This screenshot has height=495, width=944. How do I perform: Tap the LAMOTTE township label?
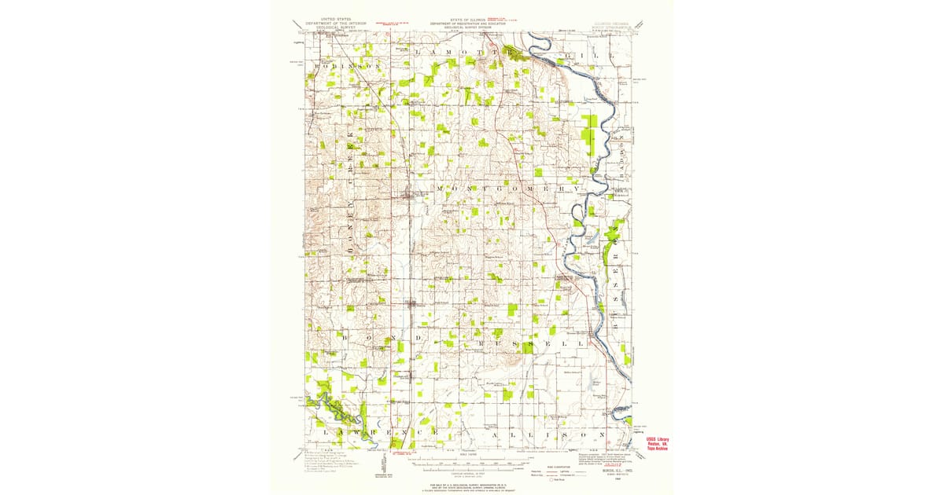pos(464,50)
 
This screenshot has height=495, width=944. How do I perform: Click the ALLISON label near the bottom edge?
pos(548,434)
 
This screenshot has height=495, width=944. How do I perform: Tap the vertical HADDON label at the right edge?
pos(621,173)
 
